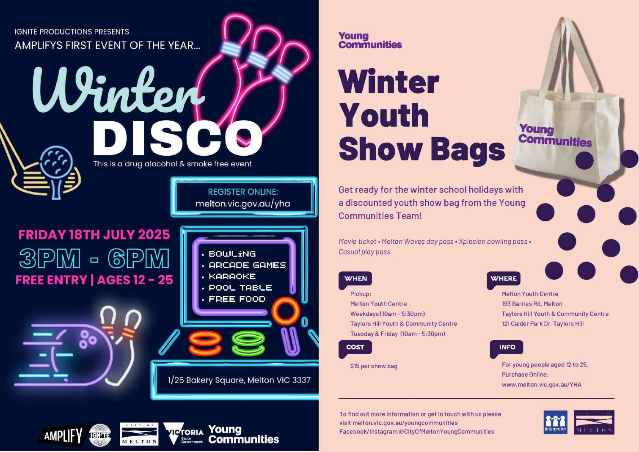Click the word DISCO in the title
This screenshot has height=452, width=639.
177,138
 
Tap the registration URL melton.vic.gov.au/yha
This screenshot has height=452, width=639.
243,204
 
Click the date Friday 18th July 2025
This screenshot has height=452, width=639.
94,234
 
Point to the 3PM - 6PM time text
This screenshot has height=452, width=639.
94,258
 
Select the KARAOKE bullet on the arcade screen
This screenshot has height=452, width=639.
232,276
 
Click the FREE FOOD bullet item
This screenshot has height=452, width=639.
237,299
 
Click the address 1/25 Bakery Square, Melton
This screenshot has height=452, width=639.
239,380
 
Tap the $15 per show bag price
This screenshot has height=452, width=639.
374,366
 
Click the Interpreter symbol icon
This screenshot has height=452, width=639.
555,422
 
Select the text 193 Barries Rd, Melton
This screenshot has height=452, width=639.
532,304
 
